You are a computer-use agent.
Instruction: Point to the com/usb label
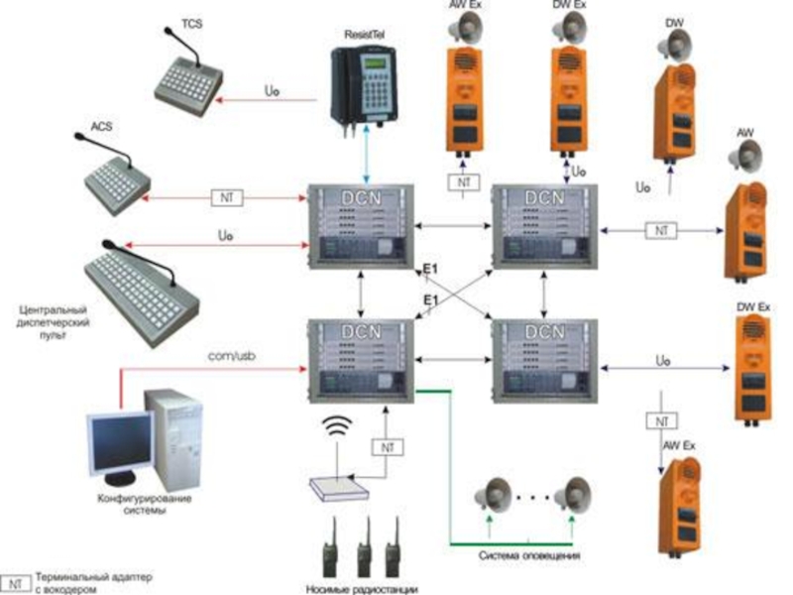(233, 353)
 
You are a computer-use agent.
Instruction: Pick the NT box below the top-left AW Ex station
(462, 182)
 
